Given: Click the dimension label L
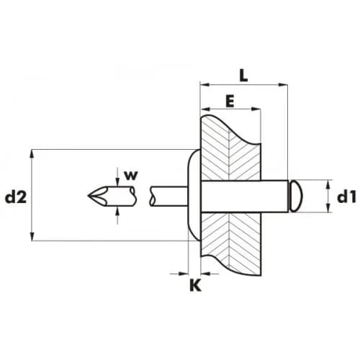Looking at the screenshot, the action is tap(243, 76).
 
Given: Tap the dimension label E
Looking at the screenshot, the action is tap(230, 101).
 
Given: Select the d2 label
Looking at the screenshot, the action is tap(16, 197).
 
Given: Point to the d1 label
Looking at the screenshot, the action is tap(346, 197).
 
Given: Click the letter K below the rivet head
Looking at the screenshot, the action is tap(195, 286).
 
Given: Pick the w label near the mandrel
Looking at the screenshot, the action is tap(131, 176).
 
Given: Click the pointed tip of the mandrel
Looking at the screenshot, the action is tap(89, 196).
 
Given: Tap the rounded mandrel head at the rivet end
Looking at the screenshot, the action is tap(296, 197).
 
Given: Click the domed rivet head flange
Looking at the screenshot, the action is tap(194, 195).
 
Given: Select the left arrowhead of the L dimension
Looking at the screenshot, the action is tap(204, 85).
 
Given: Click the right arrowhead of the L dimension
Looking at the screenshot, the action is tap(283, 85).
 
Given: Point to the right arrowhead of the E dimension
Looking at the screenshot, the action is tap(256, 109).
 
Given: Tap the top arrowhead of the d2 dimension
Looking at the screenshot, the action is tap(32, 154).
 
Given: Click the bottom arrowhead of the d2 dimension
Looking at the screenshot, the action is tap(32, 236).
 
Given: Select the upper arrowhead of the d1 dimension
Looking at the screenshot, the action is tap(328, 184).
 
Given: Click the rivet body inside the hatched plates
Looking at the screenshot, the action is tap(244, 197).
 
